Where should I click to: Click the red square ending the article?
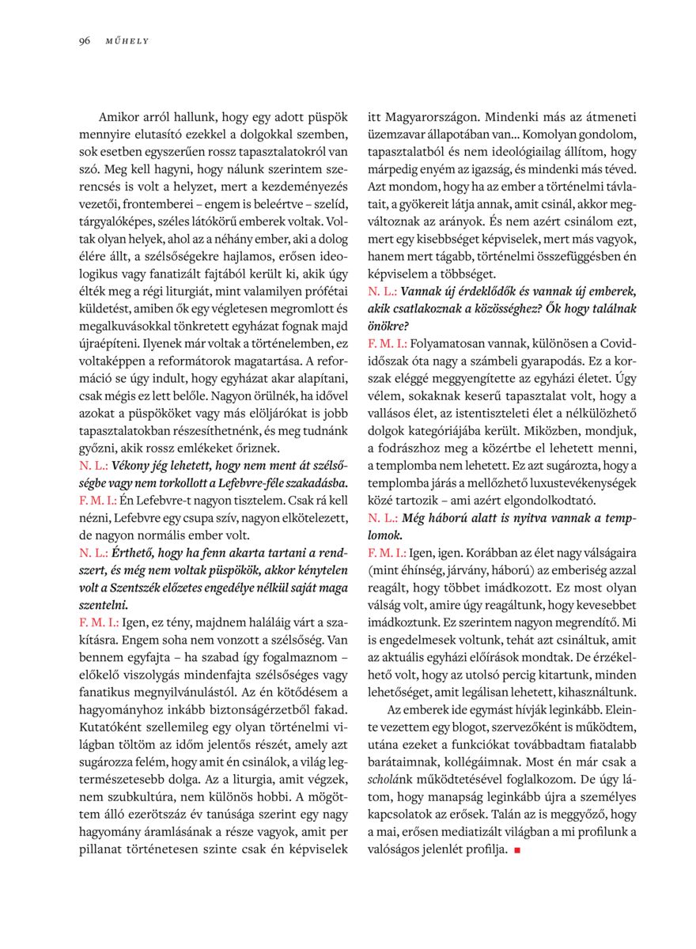point(516,850)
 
